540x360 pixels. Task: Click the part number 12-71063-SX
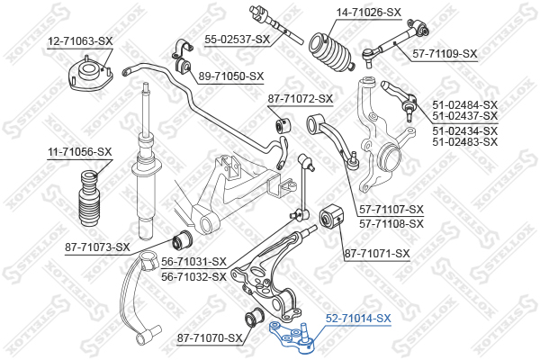(80, 41)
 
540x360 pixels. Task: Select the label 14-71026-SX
(369, 13)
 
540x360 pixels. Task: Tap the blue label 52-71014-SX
(358, 319)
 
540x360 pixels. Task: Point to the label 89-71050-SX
(231, 76)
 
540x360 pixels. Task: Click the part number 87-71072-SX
(301, 99)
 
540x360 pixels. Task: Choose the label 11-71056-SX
(80, 151)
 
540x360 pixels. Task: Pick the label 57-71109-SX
(445, 54)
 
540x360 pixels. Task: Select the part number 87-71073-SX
(97, 247)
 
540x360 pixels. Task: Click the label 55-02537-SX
(238, 40)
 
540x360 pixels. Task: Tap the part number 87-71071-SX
(377, 254)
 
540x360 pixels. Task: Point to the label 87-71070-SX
(210, 338)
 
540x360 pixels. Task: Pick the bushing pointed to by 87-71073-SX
(183, 239)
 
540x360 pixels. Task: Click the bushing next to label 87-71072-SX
(283, 126)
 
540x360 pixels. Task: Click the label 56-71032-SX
(193, 277)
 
